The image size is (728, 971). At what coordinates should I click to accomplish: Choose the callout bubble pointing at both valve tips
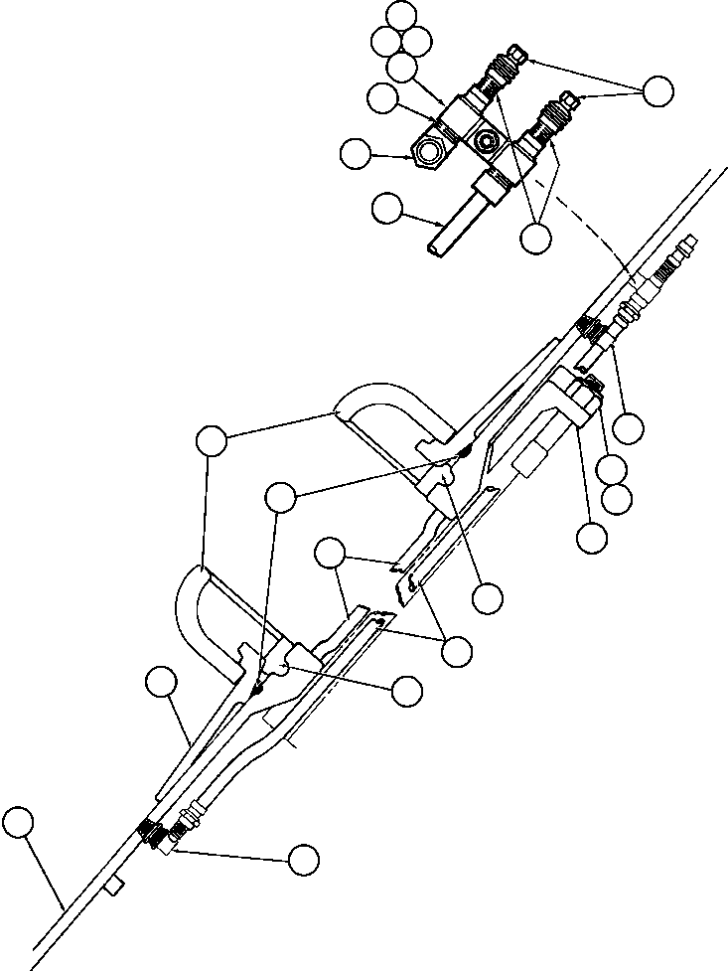click(x=657, y=91)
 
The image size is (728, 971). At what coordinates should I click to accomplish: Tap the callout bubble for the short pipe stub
click(x=386, y=209)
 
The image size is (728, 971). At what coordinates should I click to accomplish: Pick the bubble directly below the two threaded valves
click(x=535, y=237)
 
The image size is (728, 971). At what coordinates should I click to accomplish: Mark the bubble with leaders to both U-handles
click(x=213, y=440)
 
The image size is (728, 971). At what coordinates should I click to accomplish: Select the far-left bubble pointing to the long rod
click(x=18, y=823)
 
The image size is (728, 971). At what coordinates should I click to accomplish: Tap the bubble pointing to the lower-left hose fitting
click(x=303, y=859)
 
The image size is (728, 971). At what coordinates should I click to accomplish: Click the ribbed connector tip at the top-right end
click(x=686, y=243)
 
